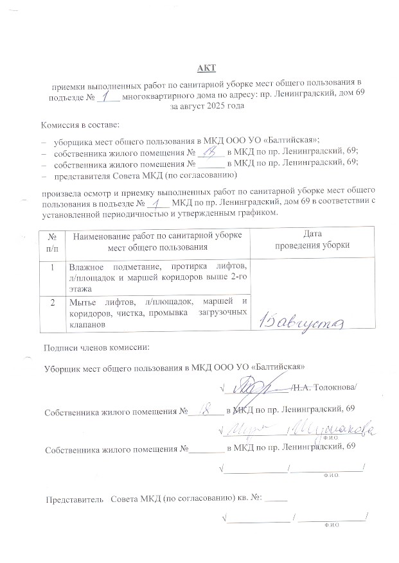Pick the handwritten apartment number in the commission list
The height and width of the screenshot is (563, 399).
point(209,152)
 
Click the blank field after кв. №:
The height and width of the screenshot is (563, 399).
point(276,498)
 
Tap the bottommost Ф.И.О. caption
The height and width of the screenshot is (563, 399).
point(332,525)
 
